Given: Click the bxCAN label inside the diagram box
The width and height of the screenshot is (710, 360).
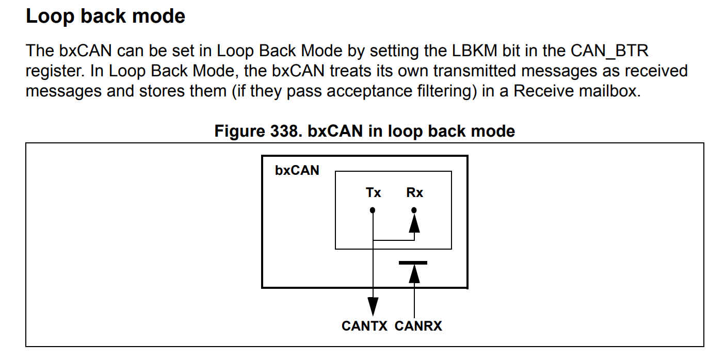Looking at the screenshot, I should pos(297,170).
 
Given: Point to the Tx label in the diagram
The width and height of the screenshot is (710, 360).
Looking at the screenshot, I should pos(373,193).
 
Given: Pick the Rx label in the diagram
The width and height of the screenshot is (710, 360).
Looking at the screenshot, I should pos(414,193).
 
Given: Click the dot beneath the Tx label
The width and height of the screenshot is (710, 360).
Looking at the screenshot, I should pos(373,210).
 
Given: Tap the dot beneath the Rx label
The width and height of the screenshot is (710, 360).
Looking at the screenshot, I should pos(414,210).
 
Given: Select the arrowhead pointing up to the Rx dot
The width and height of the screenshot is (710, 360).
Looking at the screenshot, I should pos(414,223).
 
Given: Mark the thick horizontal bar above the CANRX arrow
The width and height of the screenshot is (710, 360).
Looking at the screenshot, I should pos(413,263).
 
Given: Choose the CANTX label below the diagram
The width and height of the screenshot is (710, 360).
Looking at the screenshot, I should pos(364,326).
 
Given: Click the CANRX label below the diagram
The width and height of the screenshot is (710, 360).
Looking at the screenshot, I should pos(418,326).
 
